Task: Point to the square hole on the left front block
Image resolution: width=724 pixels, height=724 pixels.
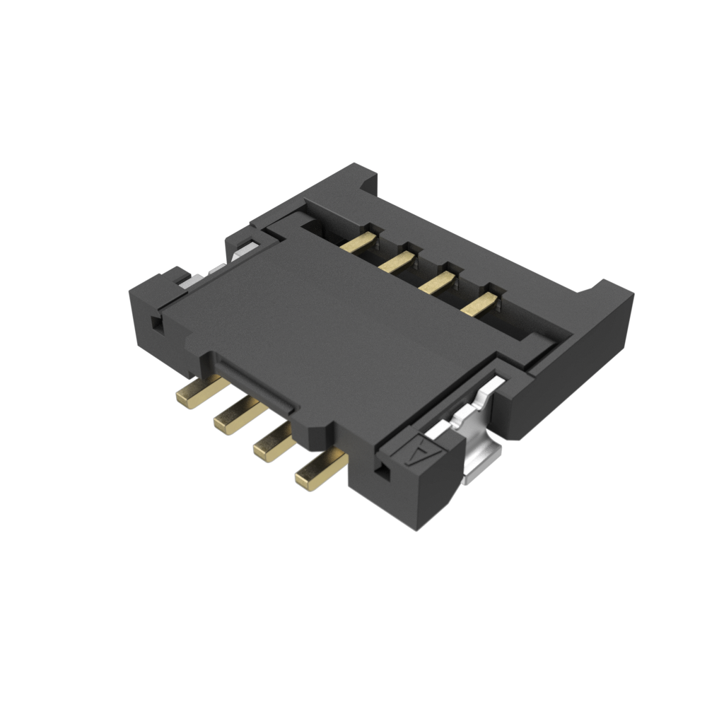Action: [157, 326]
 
